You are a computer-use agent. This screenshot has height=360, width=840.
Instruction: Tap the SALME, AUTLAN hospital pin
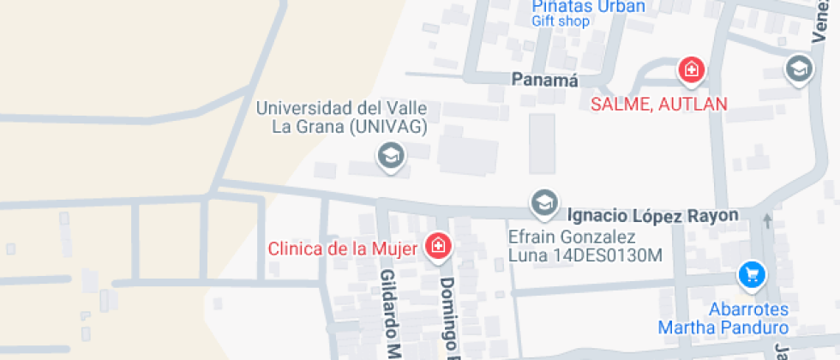click(691, 69)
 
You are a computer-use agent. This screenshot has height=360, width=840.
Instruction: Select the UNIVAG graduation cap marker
click(392, 156)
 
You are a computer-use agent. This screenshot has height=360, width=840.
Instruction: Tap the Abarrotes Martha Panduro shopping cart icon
click(752, 275)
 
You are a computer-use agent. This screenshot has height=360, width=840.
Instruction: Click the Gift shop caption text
click(560, 21)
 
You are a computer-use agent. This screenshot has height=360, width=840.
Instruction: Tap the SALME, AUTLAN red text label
click(660, 104)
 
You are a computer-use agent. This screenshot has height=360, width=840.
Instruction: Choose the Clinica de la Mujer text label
click(343, 249)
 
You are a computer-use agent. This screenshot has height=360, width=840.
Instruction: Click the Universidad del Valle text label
click(348, 109)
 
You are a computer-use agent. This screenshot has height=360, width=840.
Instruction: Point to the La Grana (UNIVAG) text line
click(348, 128)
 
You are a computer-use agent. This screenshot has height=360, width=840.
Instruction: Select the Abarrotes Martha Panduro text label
click(723, 319)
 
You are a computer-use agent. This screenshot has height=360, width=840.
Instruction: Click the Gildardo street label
click(391, 313)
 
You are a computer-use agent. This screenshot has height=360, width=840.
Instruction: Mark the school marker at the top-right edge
click(799, 69)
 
